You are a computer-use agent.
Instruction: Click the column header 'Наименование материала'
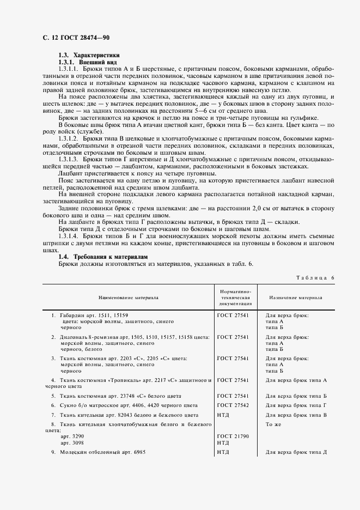pos(129,298)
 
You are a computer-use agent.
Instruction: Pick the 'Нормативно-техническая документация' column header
pos(234,298)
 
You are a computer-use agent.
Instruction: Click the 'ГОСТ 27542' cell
pos(233,405)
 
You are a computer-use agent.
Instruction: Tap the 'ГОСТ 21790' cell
pos(233,436)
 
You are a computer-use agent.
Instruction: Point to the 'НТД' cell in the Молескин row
pos(223,452)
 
